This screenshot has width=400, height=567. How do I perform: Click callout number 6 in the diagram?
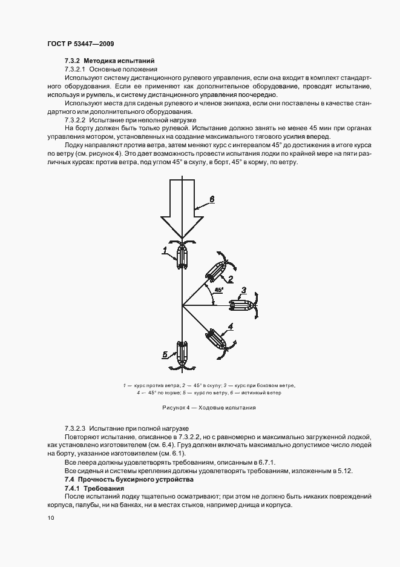pos(212,199)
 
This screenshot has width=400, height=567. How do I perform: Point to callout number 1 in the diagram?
pos(164,249)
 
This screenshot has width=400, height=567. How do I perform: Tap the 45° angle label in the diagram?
pos(218,290)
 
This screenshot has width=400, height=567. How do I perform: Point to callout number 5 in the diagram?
pos(165,354)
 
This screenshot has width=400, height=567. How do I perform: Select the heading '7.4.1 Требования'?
pos(94,488)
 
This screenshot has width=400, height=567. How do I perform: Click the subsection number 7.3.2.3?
pos(77,428)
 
